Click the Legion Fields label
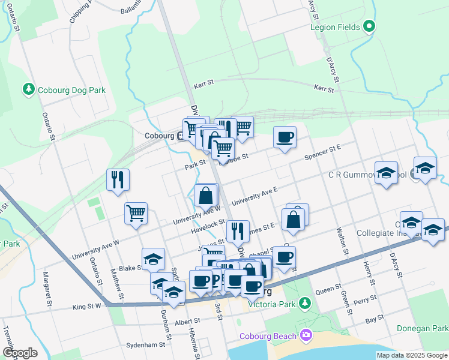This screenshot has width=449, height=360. pos(335,27)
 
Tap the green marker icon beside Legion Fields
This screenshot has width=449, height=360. pos(370,26)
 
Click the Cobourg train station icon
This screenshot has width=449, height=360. pos(181,136)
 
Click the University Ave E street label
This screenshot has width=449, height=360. pos(259,195)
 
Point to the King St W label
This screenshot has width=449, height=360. pos(86,306)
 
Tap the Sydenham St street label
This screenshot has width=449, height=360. pos(146,345)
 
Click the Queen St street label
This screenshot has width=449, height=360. pos(328,289)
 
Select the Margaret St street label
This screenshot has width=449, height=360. pos(46,289)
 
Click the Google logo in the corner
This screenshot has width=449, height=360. pos(20,352)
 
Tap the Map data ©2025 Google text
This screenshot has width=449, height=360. pos(412,355)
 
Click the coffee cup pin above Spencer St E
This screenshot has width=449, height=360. pos(285,137)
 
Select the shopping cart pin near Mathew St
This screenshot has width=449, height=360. pos(136,212)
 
